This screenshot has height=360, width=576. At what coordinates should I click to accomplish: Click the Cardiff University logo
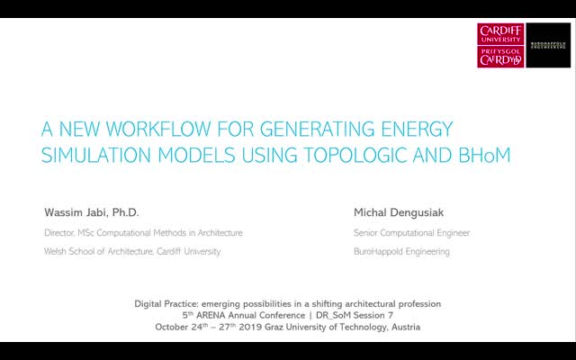[500, 46]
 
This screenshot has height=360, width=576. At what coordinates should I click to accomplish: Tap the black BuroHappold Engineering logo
[547, 46]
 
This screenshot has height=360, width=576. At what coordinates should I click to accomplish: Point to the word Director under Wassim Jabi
[61, 232]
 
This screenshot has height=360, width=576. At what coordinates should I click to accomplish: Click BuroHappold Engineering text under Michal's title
[402, 252]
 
